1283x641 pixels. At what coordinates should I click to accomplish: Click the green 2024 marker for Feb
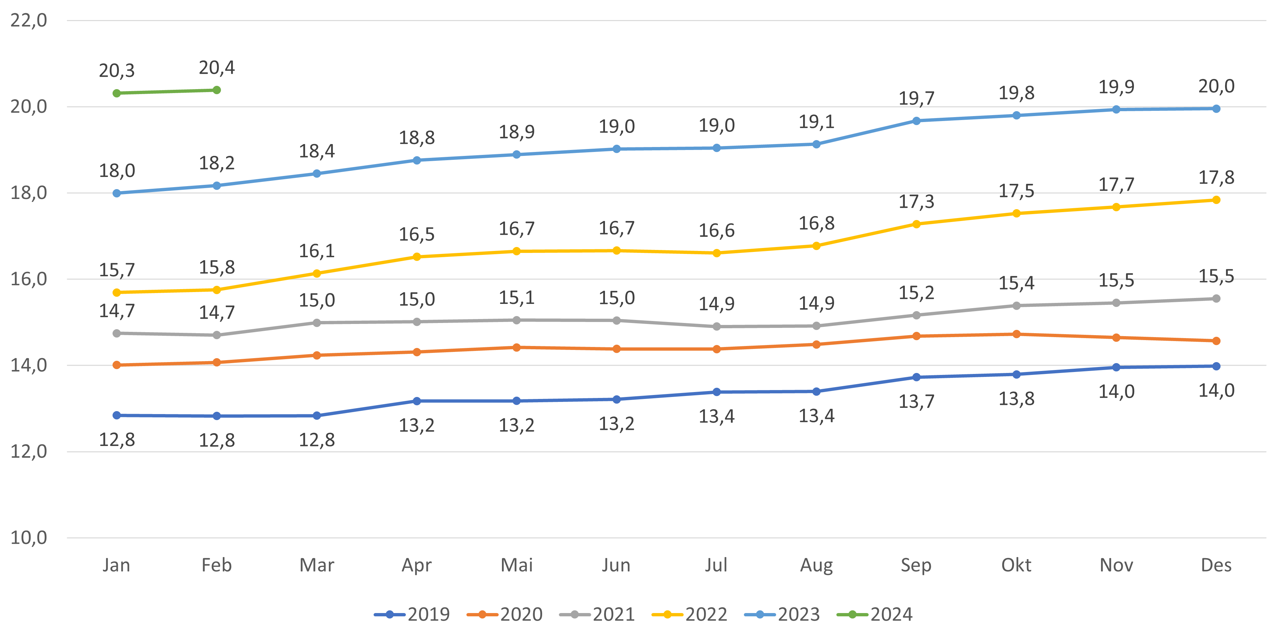point(217,90)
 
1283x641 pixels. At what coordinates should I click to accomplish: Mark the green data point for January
point(117,93)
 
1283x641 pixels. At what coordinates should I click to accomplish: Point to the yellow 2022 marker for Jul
point(716,253)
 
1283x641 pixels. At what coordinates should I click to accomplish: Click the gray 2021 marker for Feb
point(217,335)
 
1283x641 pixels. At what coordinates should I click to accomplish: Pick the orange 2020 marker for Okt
point(1016,334)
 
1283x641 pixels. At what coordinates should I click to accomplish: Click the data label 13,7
point(916,401)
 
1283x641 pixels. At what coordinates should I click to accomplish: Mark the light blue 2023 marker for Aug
point(816,144)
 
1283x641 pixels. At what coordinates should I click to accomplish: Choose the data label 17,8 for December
point(1216,177)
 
